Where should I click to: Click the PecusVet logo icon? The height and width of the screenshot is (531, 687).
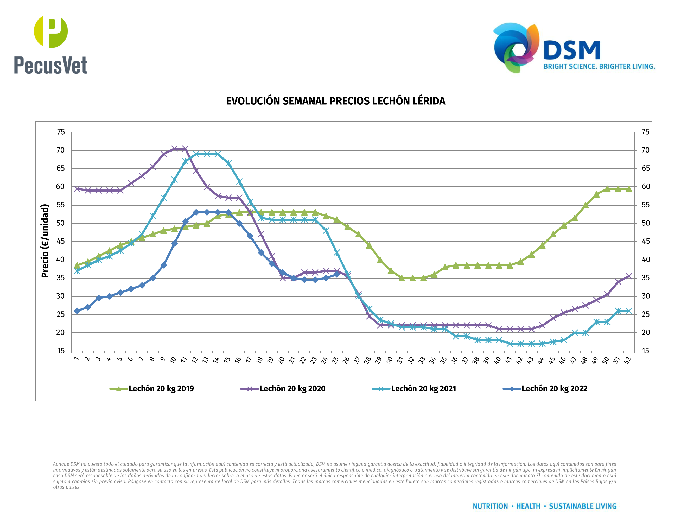pyautogui.click(x=51, y=32)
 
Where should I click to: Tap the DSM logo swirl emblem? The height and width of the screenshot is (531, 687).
pyautogui.click(x=516, y=47)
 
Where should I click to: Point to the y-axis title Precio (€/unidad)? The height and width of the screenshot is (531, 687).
pyautogui.click(x=45, y=241)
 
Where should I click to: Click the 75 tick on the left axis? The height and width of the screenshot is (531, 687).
pyautogui.click(x=61, y=132)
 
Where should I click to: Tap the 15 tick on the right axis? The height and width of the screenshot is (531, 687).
pyautogui.click(x=645, y=351)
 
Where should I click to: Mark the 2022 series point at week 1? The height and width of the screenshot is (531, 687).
pyautogui.click(x=77, y=311)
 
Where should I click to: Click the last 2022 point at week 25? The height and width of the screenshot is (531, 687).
pyautogui.click(x=336, y=274)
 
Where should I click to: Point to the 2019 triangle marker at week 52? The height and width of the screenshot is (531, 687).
pyautogui.click(x=629, y=189)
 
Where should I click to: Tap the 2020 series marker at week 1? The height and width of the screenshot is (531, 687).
pyautogui.click(x=77, y=189)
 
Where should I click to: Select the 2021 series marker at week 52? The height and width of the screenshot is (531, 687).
pyautogui.click(x=629, y=311)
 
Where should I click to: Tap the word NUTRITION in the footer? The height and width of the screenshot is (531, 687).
pyautogui.click(x=490, y=506)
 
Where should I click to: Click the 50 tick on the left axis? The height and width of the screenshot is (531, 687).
pyautogui.click(x=60, y=223)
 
